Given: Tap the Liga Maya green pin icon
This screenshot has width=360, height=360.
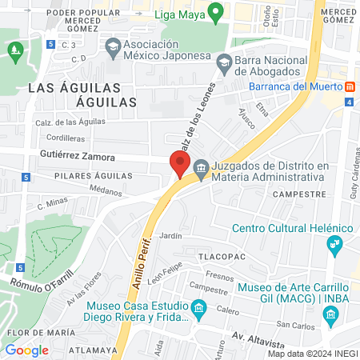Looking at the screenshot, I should point(214,12).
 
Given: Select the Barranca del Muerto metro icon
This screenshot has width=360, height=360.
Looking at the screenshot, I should point(350,86).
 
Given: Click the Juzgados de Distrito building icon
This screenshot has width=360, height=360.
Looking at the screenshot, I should point(200,169).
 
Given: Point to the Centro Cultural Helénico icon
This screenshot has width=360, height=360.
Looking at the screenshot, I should point(339,243).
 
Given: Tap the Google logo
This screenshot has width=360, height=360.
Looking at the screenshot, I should point(26,350).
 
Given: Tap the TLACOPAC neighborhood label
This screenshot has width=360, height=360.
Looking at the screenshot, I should point(226,256).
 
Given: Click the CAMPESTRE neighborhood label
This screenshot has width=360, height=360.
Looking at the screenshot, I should point(298,194).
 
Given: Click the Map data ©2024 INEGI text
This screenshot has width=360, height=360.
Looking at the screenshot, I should point(312,354).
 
